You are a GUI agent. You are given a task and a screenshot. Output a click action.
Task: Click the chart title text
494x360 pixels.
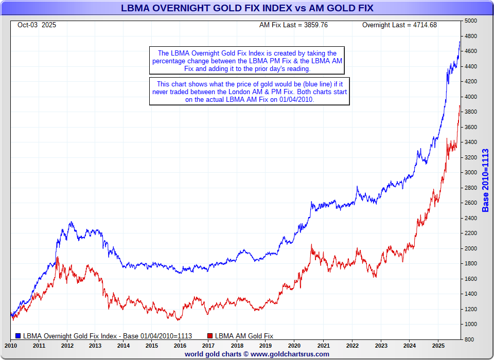coord(247,8)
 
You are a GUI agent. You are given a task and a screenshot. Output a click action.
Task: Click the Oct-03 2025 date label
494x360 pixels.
coord(37,25)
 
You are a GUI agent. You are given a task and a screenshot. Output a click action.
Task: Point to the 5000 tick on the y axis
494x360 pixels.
coord(471,21)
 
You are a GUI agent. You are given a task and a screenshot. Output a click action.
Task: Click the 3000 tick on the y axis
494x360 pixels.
coord(471,172)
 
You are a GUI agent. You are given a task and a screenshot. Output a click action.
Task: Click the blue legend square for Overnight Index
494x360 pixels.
coord(19,336)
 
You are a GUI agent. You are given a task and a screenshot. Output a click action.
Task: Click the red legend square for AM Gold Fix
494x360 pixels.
coord(210,336)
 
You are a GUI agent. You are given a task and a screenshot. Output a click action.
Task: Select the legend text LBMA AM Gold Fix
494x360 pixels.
coord(244,336)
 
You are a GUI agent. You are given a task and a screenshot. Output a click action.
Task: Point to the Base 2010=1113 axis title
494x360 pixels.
coord(485,180)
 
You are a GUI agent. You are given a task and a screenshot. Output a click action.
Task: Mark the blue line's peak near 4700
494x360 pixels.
coord(460,42)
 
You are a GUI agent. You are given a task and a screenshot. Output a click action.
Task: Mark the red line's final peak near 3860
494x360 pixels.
coord(460,106)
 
